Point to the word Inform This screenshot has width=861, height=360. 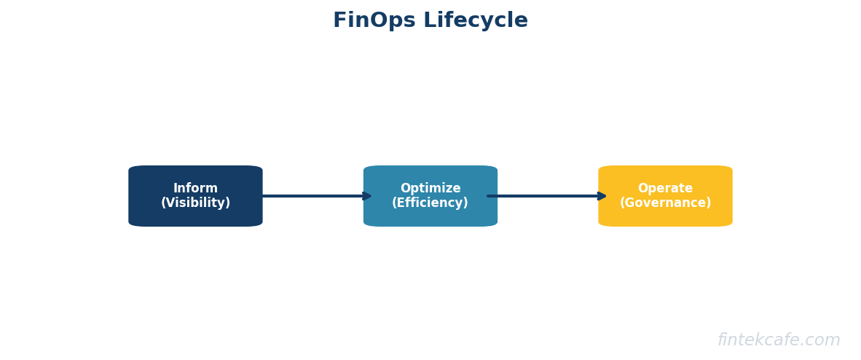pyautogui.click(x=195, y=189)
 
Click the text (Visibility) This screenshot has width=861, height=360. pyautogui.click(x=195, y=203)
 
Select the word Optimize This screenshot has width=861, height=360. pyautogui.click(x=430, y=189)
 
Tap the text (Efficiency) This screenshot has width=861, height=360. pyautogui.click(x=430, y=203)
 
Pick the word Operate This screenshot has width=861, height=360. pyautogui.click(x=665, y=189)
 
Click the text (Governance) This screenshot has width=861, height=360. pyautogui.click(x=665, y=203)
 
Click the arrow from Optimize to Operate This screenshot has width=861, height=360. pyautogui.click(x=546, y=196)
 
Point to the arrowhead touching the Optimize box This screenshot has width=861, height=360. pyautogui.click(x=367, y=196)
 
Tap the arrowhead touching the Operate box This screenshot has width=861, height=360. pyautogui.click(x=602, y=196)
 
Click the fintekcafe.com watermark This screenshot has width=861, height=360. pyautogui.click(x=779, y=340)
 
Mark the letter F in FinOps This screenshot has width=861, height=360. pyautogui.click(x=339, y=21)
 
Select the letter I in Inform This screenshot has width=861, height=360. pyautogui.click(x=175, y=189)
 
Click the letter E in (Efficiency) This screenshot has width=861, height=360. pyautogui.click(x=400, y=203)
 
